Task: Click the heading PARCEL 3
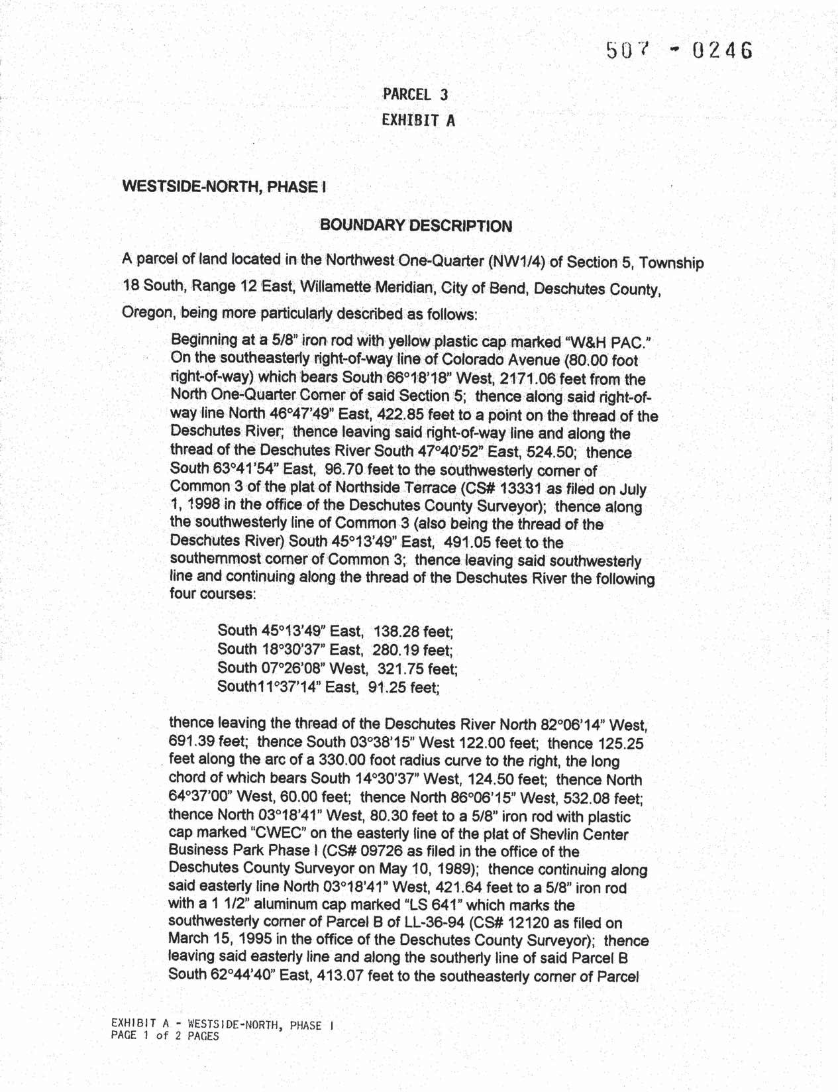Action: (415, 95)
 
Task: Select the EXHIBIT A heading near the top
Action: (419, 121)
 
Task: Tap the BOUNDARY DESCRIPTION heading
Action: (416, 226)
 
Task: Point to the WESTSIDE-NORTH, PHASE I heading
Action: (224, 187)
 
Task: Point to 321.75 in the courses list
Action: (399, 668)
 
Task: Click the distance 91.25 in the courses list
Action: (387, 687)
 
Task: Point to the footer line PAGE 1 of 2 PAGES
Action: (166, 1036)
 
